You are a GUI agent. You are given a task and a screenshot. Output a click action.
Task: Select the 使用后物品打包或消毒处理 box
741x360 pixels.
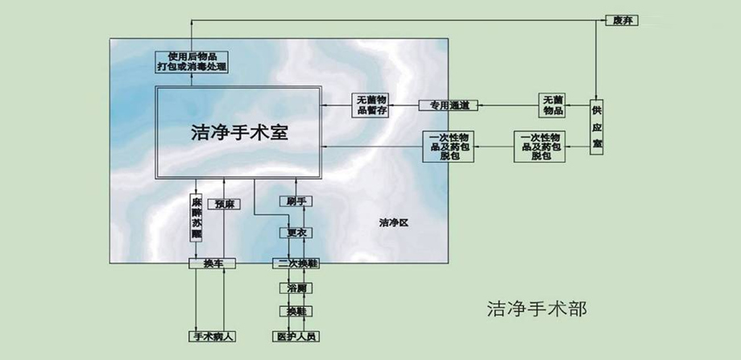click(x=192, y=62)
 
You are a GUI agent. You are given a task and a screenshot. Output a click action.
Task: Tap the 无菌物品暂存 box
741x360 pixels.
click(x=371, y=106)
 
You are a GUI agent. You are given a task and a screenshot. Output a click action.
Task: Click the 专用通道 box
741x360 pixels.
click(x=449, y=106)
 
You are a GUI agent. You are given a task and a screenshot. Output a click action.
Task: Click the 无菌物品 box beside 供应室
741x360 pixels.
click(x=553, y=105)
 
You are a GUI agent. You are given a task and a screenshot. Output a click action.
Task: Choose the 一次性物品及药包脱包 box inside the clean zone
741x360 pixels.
click(x=451, y=146)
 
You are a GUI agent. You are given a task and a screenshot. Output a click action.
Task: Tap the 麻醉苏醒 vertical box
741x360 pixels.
click(x=196, y=217)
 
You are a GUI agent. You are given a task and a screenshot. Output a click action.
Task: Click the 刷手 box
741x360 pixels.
click(x=294, y=201)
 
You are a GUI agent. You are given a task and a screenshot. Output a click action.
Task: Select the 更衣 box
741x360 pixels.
click(x=294, y=233)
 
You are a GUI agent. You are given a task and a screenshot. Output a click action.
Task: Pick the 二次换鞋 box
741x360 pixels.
click(x=294, y=263)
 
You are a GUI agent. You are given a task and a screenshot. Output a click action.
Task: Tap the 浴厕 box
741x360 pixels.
click(x=294, y=288)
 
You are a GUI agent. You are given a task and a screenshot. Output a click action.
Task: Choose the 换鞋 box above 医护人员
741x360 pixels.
click(x=294, y=311)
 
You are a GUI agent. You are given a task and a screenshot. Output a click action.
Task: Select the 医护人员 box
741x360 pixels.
click(x=293, y=337)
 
